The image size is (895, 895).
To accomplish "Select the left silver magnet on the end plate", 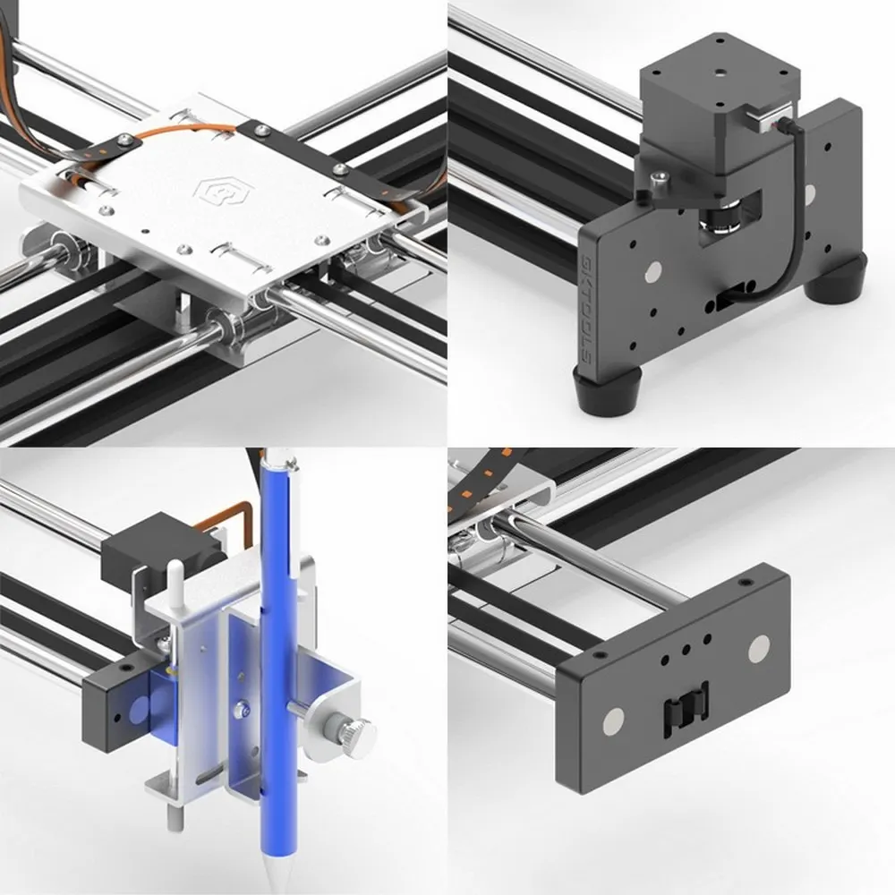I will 616,718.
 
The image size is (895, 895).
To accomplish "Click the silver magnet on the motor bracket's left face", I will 651,270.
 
